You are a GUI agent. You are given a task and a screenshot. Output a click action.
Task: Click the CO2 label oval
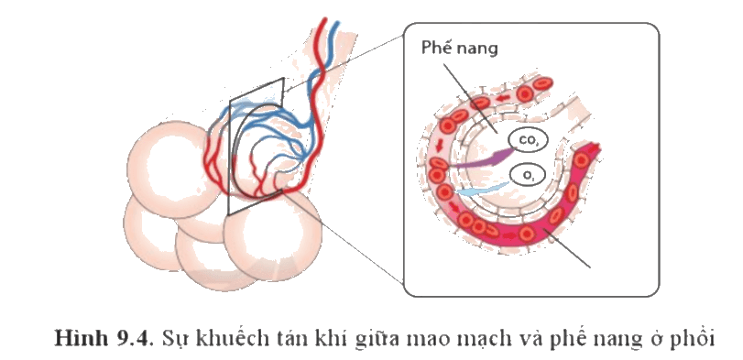(x=527, y=140)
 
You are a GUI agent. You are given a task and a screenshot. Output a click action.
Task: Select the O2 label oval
(x=528, y=176)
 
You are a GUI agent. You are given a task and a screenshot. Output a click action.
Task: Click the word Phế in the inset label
(x=437, y=49)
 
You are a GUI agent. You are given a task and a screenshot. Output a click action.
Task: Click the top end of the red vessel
(x=325, y=19)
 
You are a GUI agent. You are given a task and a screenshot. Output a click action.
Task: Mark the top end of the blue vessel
(x=337, y=22)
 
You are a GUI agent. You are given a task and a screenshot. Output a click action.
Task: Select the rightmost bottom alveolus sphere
(x=273, y=236)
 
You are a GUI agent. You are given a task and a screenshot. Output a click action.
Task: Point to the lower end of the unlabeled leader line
(x=590, y=267)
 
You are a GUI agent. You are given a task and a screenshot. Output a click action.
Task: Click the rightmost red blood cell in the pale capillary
(x=542, y=85)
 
